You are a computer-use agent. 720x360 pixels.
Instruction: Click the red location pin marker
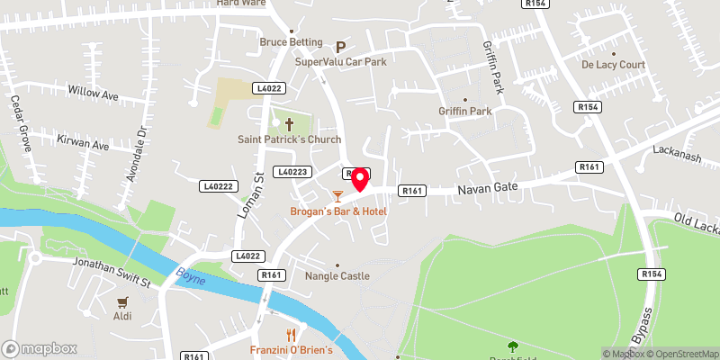click(359, 179)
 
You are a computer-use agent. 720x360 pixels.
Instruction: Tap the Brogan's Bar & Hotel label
click(337, 211)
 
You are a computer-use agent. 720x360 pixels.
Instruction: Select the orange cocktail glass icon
click(337, 194)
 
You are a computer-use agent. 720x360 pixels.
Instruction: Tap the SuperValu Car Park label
click(340, 63)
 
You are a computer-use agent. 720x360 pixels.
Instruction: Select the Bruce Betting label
click(291, 41)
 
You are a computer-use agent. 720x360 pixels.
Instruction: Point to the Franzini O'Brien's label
click(292, 349)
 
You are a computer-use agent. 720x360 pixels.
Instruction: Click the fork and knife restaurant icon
click(292, 332)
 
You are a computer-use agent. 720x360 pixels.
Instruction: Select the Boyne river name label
click(191, 278)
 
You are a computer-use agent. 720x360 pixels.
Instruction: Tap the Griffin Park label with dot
click(464, 111)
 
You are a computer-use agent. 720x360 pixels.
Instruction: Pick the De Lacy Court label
click(614, 65)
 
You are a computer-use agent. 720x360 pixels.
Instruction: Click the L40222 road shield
click(217, 185)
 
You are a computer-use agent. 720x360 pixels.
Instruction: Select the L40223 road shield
click(293, 171)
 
